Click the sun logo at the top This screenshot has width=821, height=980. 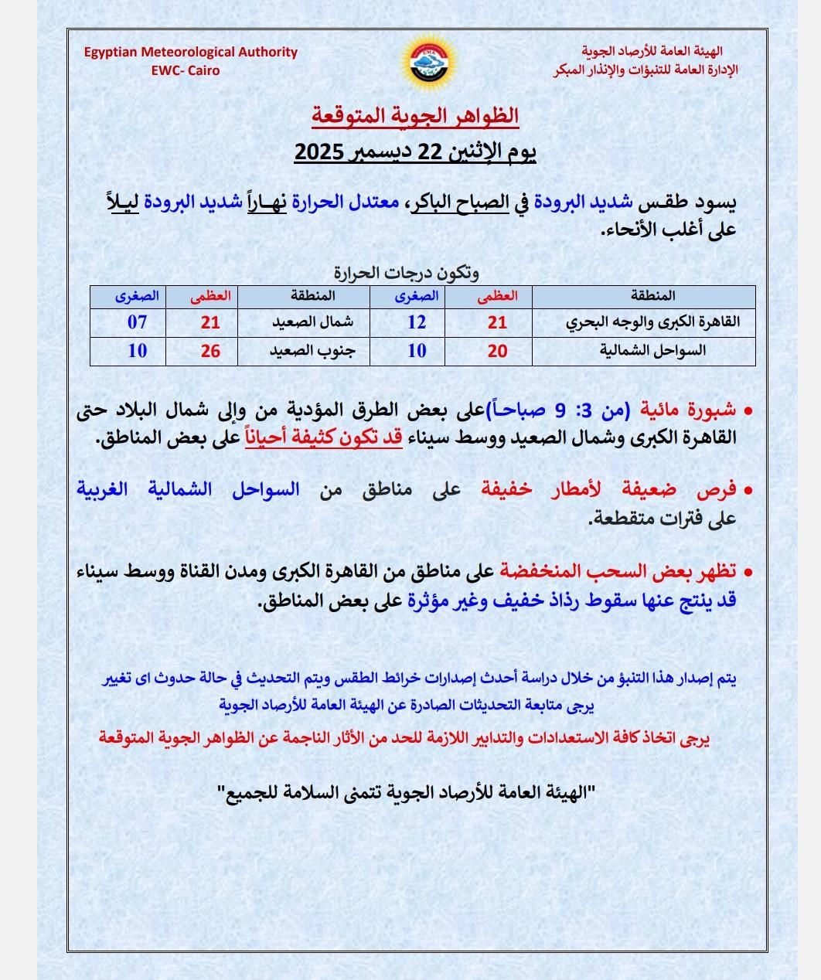coord(428,63)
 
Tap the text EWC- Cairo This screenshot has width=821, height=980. coord(186,70)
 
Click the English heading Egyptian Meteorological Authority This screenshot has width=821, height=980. coord(191,53)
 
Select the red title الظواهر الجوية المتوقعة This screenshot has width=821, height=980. coord(415,116)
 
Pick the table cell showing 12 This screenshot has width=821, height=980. coord(417,322)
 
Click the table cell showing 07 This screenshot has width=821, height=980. coord(137,322)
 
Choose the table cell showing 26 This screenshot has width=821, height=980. coord(210,351)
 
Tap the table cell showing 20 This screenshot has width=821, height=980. coord(498,351)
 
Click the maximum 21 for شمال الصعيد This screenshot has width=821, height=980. coord(210,322)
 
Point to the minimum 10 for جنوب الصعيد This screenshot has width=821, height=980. coord(137,351)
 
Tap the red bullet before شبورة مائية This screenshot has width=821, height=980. coord(748,410)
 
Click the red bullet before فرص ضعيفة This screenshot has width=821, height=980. coord(748,491)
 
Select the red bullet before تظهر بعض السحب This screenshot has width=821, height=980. coord(748,573)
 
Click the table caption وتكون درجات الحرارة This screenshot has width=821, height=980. coord(407,273)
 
